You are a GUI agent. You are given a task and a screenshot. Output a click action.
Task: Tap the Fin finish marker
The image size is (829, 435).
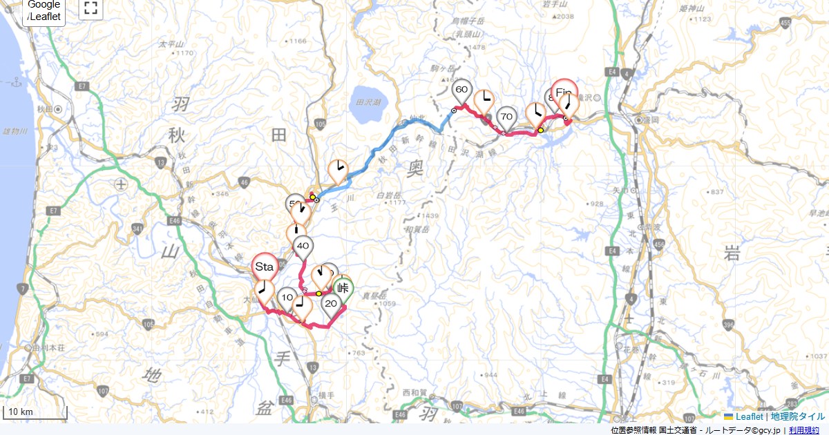[564, 93]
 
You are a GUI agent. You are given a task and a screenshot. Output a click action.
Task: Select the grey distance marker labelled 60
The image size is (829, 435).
[462, 89]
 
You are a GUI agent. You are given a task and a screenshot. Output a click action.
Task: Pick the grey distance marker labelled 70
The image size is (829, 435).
[507, 116]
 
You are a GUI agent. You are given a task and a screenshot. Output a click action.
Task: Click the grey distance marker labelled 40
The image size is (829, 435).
[303, 246]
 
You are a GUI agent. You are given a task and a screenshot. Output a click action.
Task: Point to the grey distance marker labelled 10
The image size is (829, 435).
[287, 298]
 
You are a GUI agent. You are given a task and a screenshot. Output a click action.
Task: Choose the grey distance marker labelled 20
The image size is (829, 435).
[331, 303]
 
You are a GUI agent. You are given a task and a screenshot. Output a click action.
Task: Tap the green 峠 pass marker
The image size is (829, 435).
[343, 289]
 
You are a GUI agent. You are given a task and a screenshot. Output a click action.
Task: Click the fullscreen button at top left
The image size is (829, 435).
[90, 8]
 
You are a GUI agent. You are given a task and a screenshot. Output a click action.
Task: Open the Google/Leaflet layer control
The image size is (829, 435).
[44, 11]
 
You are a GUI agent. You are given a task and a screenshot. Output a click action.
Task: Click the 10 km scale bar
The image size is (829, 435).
[35, 413]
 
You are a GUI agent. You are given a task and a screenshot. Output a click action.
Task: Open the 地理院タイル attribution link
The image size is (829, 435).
[798, 417]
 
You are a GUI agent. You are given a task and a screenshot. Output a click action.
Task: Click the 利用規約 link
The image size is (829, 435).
[804, 430]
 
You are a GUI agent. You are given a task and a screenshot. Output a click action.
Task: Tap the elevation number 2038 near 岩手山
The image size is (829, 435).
[564, 17]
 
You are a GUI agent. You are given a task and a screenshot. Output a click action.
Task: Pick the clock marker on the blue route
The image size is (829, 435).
[338, 168]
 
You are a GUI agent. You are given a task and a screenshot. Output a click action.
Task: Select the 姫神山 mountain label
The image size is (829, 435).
[692, 9]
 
